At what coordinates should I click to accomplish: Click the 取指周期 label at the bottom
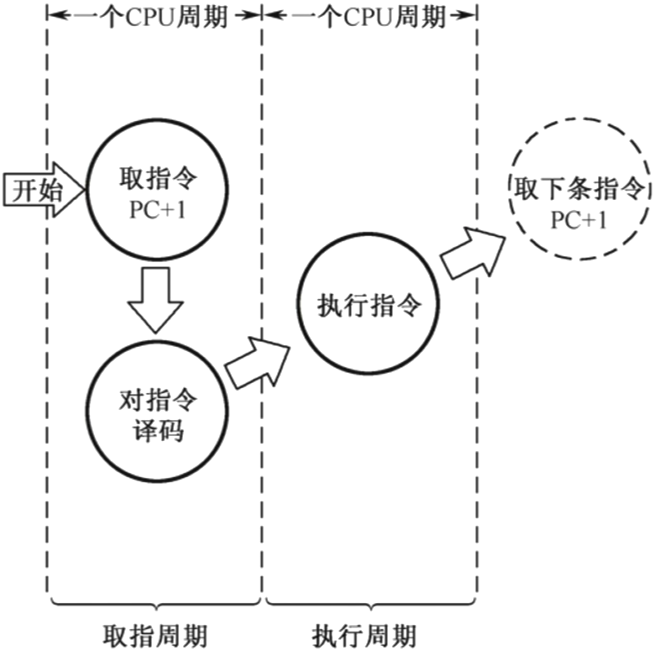[156, 635]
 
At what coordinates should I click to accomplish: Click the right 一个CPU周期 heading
[367, 14]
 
